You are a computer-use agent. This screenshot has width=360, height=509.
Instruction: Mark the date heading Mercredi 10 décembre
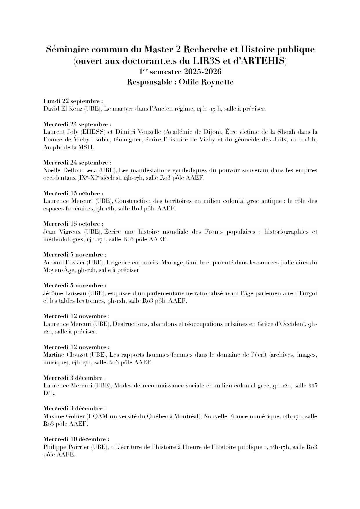coord(76,439)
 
